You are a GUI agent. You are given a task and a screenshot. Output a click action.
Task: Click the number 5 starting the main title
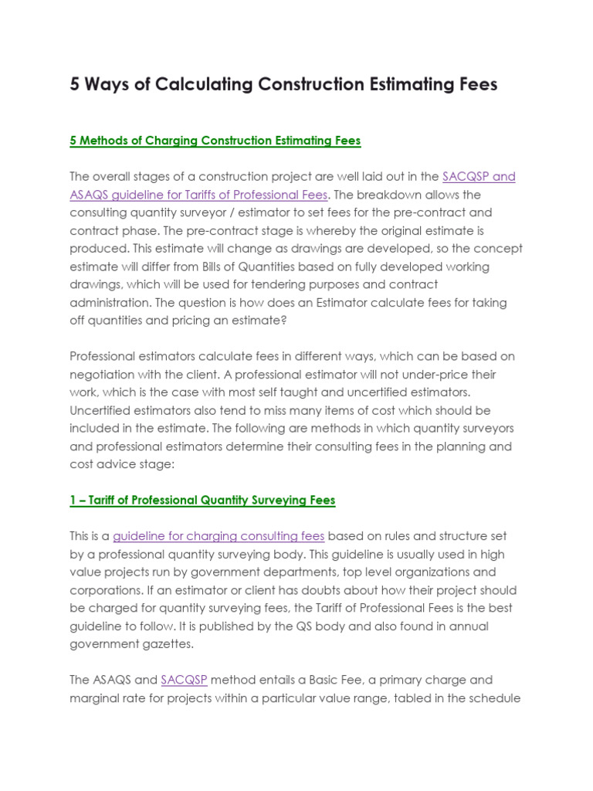click(75, 84)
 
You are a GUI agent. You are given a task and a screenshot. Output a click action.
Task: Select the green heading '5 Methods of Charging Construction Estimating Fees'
click(215, 141)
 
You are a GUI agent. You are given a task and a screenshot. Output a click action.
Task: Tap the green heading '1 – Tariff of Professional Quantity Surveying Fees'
click(202, 500)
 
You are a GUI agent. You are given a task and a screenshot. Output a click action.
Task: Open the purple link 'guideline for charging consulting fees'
click(219, 536)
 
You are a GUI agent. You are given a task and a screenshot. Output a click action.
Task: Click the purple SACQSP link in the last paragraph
click(184, 681)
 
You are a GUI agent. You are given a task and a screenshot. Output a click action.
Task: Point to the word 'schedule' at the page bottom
click(495, 698)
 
